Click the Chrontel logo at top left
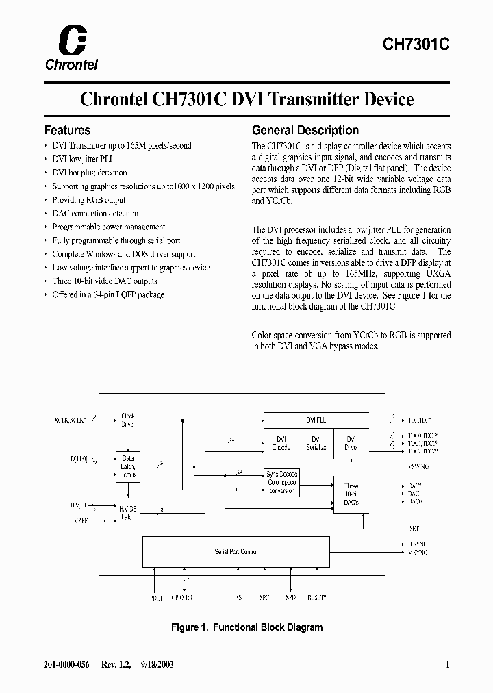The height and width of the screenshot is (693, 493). click(71, 48)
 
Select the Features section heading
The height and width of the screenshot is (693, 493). click(67, 130)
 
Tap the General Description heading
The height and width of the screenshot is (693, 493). click(305, 130)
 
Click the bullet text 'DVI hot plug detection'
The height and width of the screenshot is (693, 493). click(90, 173)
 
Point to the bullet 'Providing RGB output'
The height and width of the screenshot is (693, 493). click(89, 200)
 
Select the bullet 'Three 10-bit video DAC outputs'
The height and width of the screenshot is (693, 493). click(105, 281)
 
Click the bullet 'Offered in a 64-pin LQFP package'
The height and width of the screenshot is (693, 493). click(108, 294)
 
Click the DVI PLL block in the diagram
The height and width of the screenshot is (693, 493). click(316, 419)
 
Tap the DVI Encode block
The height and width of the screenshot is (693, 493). click(281, 443)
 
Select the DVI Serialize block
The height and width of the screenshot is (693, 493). click(316, 443)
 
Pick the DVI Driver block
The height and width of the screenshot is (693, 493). click(351, 443)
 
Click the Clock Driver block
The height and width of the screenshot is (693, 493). click(128, 420)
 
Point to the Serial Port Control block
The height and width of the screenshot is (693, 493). click(236, 551)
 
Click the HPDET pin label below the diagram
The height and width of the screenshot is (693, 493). click(154, 597)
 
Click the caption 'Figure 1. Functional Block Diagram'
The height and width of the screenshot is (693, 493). click(246, 627)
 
